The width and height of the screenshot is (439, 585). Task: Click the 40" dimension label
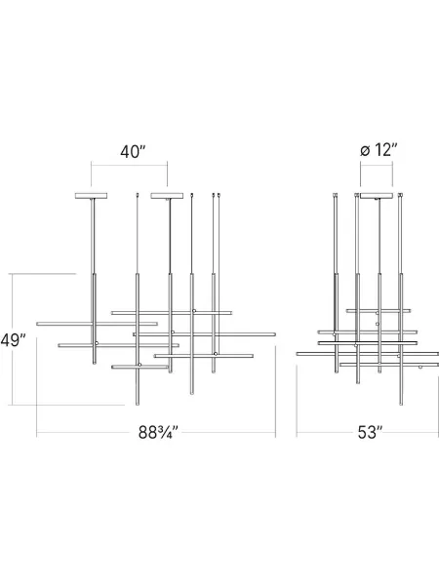pyautogui.click(x=133, y=151)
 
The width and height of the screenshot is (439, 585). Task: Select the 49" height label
pyautogui.click(x=13, y=340)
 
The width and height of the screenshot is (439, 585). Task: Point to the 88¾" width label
pyautogui.click(x=158, y=432)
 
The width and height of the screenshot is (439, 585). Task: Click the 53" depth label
pyautogui.click(x=370, y=432)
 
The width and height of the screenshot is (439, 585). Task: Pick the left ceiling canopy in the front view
pyautogui.click(x=91, y=196)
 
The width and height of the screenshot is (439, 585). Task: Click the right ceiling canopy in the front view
pyautogui.click(x=167, y=196)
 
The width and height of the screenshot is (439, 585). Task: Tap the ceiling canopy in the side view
pyautogui.click(x=377, y=196)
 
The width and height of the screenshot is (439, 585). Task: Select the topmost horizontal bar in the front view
pyautogui.click(x=172, y=313)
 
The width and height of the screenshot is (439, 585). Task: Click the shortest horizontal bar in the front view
pyautogui.click(x=140, y=368)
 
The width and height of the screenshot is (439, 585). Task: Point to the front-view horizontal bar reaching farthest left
pyautogui.click(x=97, y=324)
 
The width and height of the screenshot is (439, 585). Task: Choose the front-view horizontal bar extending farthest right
pyautogui.click(x=204, y=334)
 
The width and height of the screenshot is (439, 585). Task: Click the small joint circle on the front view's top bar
pyautogui.click(x=194, y=311)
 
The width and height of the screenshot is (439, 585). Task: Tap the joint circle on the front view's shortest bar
pyautogui.click(x=140, y=365)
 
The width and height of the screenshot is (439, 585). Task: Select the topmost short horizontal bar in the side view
pyautogui.click(x=379, y=310)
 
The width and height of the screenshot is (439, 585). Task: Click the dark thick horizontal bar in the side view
pyautogui.click(x=368, y=342)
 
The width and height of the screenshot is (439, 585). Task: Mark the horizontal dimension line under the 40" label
pyautogui.click(x=129, y=165)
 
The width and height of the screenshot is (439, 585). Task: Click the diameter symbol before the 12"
pyautogui.click(x=365, y=151)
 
